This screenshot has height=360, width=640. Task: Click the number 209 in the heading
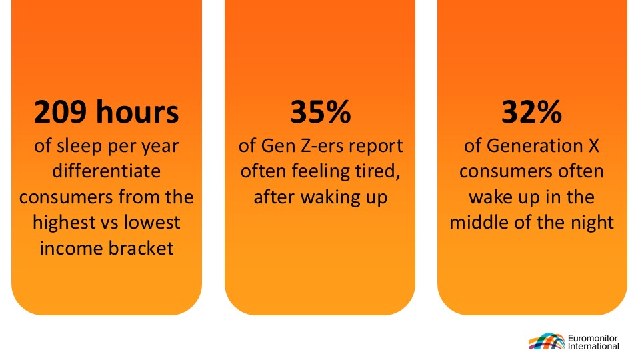pyautogui.click(x=61, y=112)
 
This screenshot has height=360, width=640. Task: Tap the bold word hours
pyautogui.click(x=137, y=111)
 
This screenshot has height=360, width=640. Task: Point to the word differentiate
pyautogui.click(x=107, y=171)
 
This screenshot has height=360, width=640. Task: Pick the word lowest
pyautogui.click(x=152, y=223)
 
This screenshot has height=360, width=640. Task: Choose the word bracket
pyautogui.click(x=140, y=248)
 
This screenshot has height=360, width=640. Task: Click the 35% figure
pyautogui.click(x=321, y=112)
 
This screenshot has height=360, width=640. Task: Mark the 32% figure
pyautogui.click(x=531, y=112)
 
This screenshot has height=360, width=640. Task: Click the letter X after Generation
pyautogui.click(x=594, y=146)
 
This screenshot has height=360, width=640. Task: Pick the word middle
pyautogui.click(x=475, y=223)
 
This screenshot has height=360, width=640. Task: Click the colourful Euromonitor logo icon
pyautogui.click(x=547, y=341)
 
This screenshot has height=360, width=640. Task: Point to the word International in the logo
pyautogui.click(x=593, y=346)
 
